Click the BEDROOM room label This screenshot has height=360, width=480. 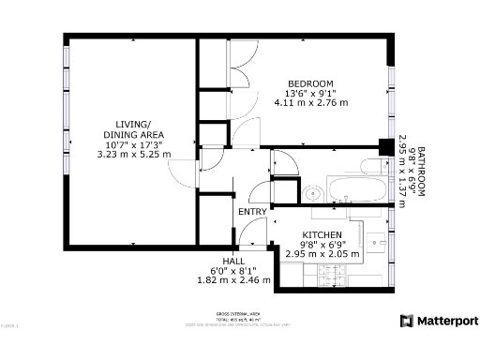click(x=310, y=83)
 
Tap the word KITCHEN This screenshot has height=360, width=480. click(x=322, y=234)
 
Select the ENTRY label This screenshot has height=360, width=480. click(x=252, y=212)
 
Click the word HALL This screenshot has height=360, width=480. click(x=233, y=261)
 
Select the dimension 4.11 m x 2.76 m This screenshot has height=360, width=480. click(x=310, y=103)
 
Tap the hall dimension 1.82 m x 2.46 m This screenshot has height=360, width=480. click(x=233, y=279)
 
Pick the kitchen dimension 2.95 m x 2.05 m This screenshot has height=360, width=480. click(x=322, y=254)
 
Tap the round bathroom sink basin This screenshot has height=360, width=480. click(x=312, y=194)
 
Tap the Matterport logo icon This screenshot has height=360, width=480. click(x=406, y=321)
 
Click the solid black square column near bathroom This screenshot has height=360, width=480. click(x=384, y=146)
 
